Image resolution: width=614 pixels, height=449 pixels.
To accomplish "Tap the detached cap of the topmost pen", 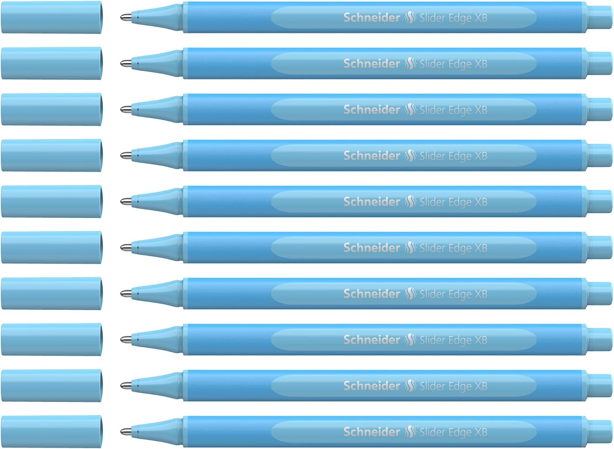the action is click(52, 17).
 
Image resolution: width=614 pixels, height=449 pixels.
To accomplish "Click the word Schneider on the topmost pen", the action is click(372, 18).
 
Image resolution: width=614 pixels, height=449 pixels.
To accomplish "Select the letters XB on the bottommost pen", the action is click(481, 432).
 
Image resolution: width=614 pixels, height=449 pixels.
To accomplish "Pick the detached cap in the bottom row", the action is click(52, 431).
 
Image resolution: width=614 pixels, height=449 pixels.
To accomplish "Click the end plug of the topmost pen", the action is click(600, 18).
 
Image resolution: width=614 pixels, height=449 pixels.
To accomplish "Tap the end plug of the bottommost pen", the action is click(600, 431).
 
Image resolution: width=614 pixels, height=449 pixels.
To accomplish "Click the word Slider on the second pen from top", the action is click(432, 64).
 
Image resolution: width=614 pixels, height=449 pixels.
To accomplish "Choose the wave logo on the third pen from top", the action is click(410, 110).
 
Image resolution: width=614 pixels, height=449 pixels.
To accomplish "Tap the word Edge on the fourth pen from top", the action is click(460, 156).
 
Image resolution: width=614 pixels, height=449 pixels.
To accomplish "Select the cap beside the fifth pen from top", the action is click(52, 201).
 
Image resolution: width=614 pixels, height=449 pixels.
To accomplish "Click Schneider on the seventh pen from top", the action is click(372, 294).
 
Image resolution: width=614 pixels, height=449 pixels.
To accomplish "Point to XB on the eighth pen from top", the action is click(481, 340).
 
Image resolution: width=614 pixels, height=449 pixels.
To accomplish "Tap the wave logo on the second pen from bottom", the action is click(410, 386).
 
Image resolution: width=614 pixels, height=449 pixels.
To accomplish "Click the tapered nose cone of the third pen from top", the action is click(160, 110).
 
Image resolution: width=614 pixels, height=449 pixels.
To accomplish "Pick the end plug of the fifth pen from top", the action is click(600, 201).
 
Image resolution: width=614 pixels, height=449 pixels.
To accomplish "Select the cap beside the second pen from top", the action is click(52, 63).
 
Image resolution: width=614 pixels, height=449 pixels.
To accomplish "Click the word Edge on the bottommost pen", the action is click(460, 432).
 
